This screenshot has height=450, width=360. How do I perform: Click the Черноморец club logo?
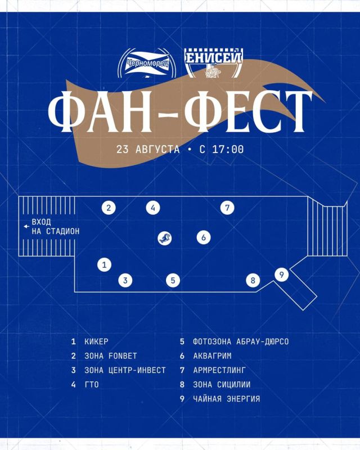[147, 63]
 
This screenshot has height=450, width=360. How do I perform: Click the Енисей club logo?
[213, 63]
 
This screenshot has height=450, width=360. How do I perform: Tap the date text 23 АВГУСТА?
[148, 149]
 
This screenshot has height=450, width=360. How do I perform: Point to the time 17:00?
[228, 149]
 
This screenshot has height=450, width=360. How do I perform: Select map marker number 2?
[109, 208]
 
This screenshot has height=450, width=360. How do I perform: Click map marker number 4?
[153, 208]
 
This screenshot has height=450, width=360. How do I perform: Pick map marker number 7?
[227, 208]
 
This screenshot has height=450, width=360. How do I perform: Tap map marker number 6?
[204, 237]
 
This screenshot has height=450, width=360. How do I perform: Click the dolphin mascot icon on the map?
[165, 238]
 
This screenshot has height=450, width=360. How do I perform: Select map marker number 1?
[104, 264]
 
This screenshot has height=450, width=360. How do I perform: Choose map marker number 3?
[125, 280]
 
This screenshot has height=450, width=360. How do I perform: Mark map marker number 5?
[173, 280]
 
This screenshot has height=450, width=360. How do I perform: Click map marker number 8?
[253, 280]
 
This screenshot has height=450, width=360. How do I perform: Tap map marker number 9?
[282, 274]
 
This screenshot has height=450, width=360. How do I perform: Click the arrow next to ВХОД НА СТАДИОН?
[26, 227]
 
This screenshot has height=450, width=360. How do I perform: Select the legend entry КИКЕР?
[96, 341]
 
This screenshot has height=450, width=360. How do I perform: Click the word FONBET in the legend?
[123, 356]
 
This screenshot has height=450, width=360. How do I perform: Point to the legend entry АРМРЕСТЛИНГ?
[219, 370]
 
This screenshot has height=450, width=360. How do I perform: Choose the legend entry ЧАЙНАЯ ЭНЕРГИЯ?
[227, 399]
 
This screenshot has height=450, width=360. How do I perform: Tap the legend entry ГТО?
[92, 385]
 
